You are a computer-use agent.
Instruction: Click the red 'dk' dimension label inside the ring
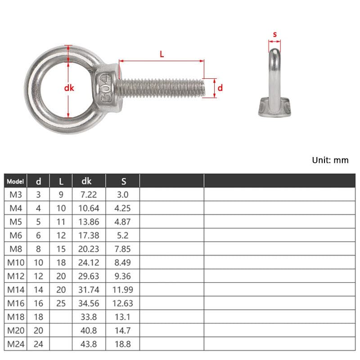[69, 89]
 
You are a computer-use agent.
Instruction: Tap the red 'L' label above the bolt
[162, 54]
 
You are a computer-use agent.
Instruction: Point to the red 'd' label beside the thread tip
[220, 88]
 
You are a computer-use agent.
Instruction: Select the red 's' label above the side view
[274, 34]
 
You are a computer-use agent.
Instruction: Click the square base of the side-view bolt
[274, 108]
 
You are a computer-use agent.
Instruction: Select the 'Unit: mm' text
[330, 160]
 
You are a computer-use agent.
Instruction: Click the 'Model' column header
[15, 181]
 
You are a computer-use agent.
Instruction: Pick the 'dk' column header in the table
[86, 181]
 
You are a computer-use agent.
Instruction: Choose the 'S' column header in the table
[124, 181]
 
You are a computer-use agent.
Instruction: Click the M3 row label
[15, 194]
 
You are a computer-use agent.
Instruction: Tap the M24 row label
[15, 344]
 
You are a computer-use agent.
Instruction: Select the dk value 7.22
[89, 194]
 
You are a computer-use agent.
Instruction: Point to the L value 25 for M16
[61, 303]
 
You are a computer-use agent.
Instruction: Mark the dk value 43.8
[89, 344]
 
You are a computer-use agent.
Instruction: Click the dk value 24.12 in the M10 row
[89, 262]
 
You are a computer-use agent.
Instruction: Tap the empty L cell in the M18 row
[61, 317]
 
